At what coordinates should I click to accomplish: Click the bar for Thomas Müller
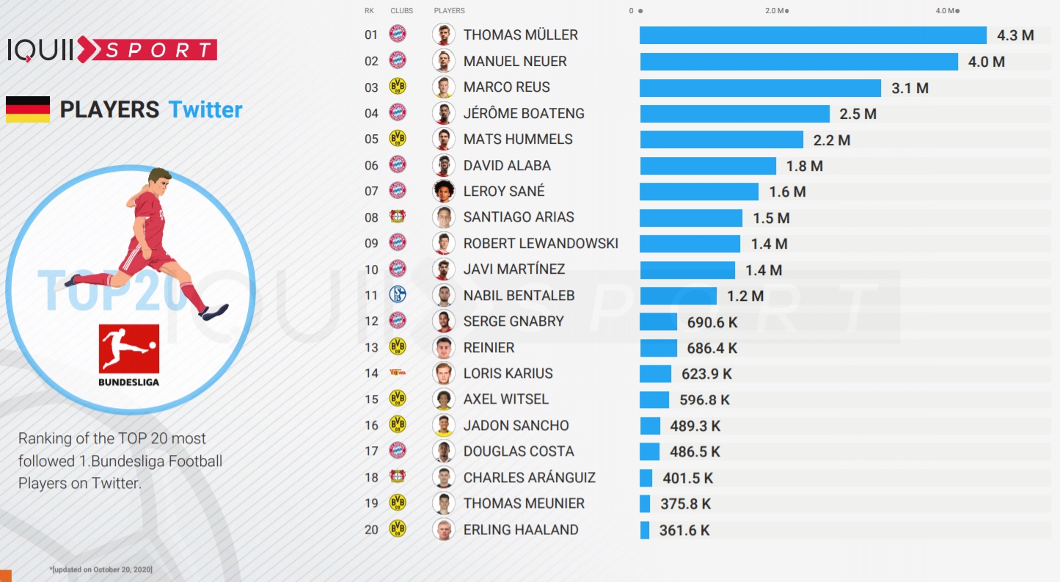tap(813, 35)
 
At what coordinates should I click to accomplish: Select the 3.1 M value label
tap(910, 88)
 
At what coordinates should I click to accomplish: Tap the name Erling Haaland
tap(521, 530)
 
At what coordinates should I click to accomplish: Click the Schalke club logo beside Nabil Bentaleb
tap(398, 295)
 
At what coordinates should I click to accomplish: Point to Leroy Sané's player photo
tap(443, 191)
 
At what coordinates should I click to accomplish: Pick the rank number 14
tap(371, 374)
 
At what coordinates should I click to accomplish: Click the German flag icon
tap(28, 109)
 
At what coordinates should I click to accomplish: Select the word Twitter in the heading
tap(205, 109)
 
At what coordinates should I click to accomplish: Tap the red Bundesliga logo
tap(128, 349)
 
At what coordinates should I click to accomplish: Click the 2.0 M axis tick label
tap(775, 11)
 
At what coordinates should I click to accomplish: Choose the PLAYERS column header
tap(449, 11)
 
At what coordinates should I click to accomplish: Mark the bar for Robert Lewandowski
tap(690, 244)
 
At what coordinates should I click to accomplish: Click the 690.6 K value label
tap(712, 321)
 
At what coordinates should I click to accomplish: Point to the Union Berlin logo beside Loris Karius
tap(398, 373)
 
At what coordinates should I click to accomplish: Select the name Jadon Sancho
tap(516, 426)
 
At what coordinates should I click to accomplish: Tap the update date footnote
tap(100, 570)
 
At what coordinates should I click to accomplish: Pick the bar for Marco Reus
tap(760, 88)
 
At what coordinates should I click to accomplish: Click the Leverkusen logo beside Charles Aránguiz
tap(398, 477)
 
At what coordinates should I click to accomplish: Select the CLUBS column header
tap(402, 11)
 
